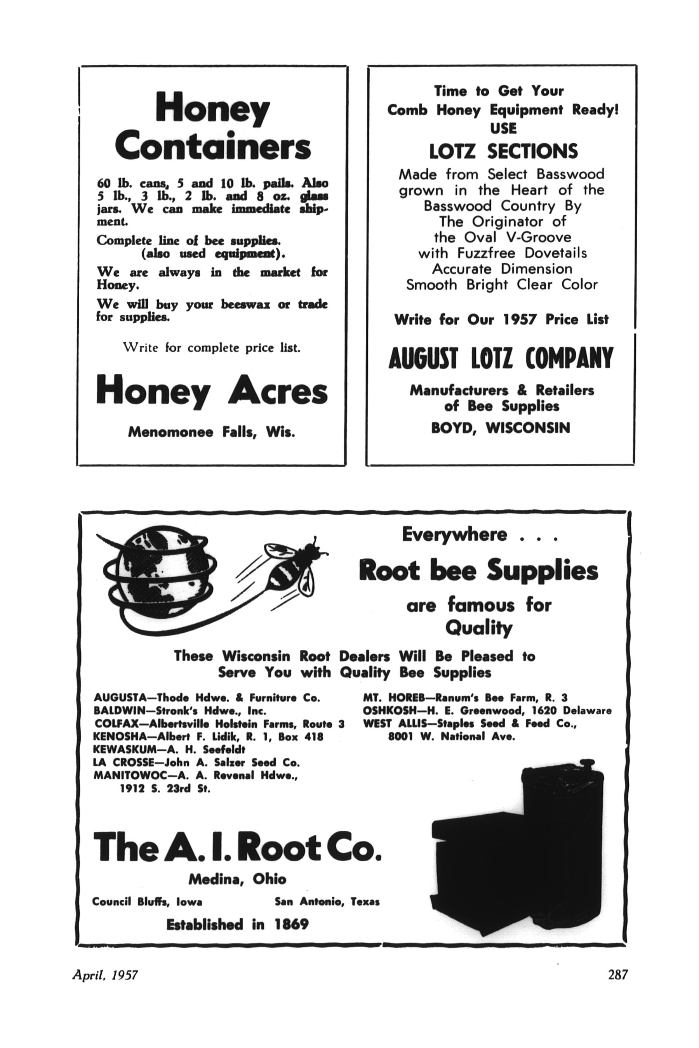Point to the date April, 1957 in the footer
coord(105,975)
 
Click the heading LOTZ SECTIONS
coord(503,151)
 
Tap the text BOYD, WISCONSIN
coord(501,428)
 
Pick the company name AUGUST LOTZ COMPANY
coord(501,359)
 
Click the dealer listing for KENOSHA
coord(208,737)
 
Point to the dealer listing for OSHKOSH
coord(487,711)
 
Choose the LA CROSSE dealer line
coord(196,762)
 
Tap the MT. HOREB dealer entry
coord(465,698)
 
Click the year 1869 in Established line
coord(291,925)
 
